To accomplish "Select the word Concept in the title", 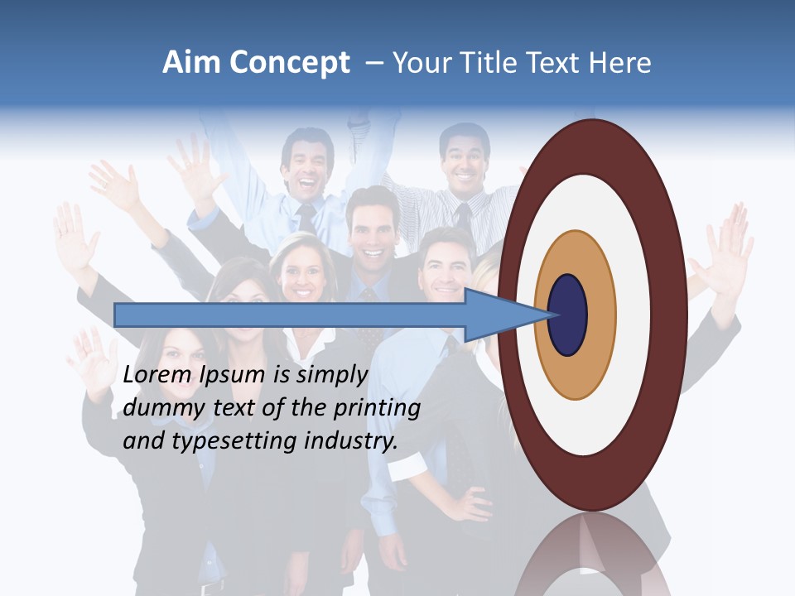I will pos(289,63).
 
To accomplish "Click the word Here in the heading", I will pos(619,63).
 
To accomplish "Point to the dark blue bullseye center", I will pos(567,315).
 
